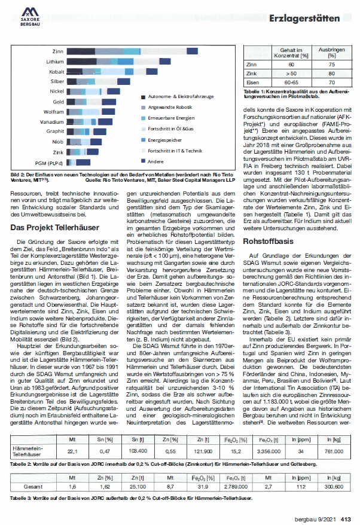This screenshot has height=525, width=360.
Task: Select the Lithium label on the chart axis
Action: pyautogui.click(x=55, y=61)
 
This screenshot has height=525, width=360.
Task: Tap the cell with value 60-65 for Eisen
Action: pyautogui.click(x=291, y=81)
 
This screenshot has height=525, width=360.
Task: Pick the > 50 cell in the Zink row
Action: pyautogui.click(x=291, y=72)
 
